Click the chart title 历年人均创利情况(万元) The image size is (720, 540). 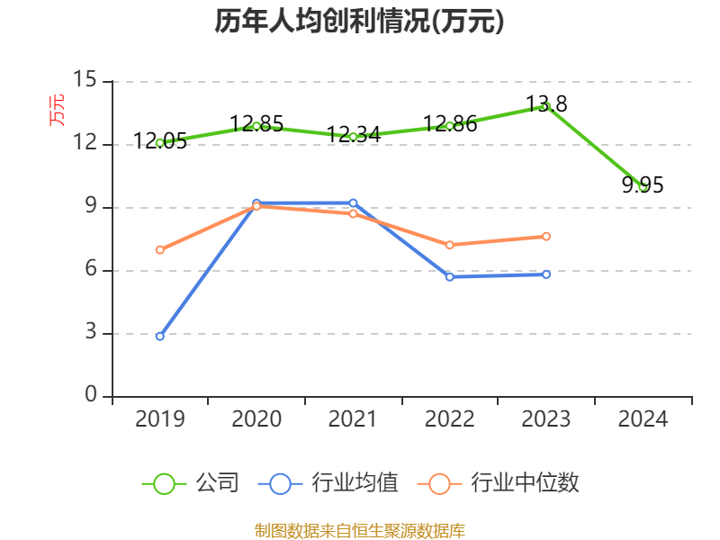pos(359,22)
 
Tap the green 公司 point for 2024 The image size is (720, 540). pos(643,186)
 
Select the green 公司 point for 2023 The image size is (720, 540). pos(546,106)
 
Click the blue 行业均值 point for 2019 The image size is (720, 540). pos(160,336)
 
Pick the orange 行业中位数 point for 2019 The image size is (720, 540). pos(160,249)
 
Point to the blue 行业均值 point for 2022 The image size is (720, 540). pos(449,276)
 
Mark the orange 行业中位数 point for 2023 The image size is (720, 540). pos(546,236)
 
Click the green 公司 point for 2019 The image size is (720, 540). pos(160,142)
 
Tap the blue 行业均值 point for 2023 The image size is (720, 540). pos(546,274)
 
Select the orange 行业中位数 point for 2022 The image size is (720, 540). pos(449,245)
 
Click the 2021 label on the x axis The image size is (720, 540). pos(353,419)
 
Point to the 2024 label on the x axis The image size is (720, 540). pos(643,419)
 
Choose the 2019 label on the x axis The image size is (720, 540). pos(160,419)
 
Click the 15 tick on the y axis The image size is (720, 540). pos(85,81)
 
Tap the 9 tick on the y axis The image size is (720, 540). pos(90,207)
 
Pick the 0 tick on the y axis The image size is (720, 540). pos(90,396)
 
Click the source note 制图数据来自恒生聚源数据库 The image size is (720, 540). pos(359,530)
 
